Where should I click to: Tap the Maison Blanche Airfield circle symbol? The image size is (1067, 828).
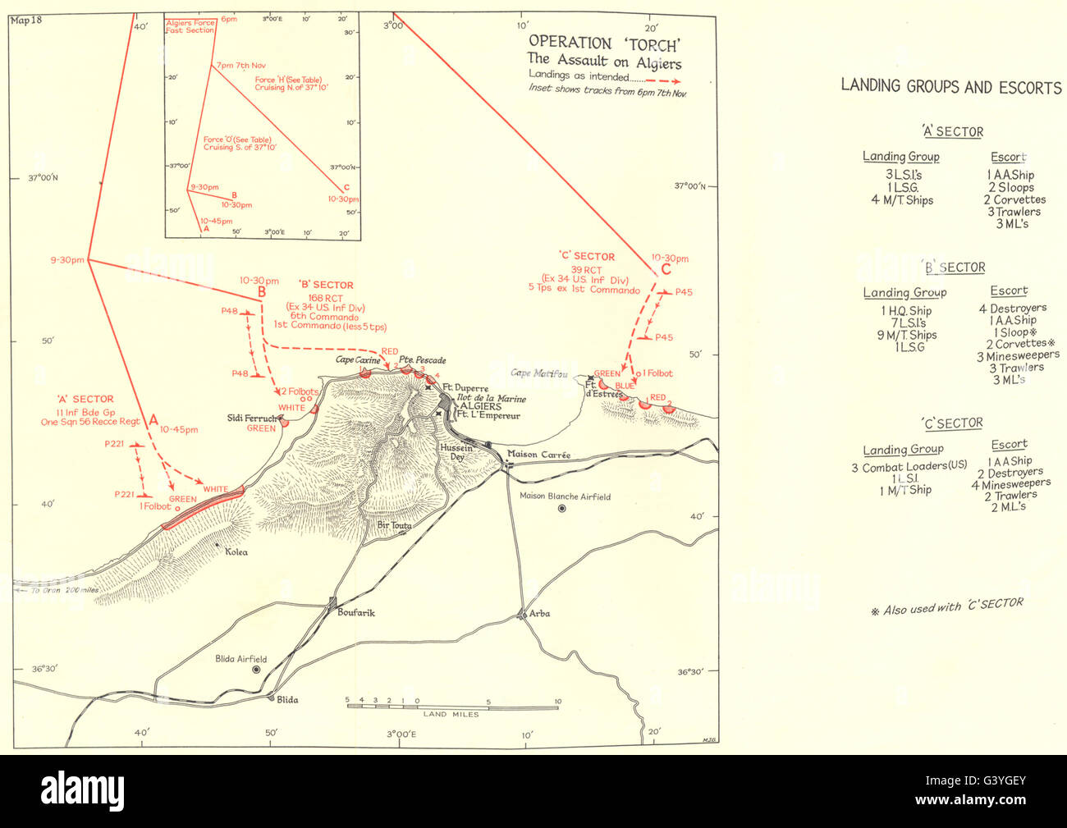pyautogui.click(x=561, y=509)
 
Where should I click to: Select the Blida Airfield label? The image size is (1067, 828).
pyautogui.click(x=240, y=659)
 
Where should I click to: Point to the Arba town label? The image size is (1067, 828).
pyautogui.click(x=539, y=613)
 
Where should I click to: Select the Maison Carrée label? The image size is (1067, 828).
pyautogui.click(x=538, y=455)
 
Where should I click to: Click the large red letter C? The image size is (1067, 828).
pyautogui.click(x=665, y=269)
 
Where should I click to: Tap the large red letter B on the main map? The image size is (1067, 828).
pyautogui.click(x=262, y=291)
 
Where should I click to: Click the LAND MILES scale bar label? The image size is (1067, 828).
pyautogui.click(x=446, y=714)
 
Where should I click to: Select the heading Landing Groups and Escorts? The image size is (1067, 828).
pyautogui.click(x=950, y=86)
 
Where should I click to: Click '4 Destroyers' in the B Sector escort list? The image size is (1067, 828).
pyautogui.click(x=1012, y=308)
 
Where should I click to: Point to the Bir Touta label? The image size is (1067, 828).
pyautogui.click(x=393, y=525)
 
